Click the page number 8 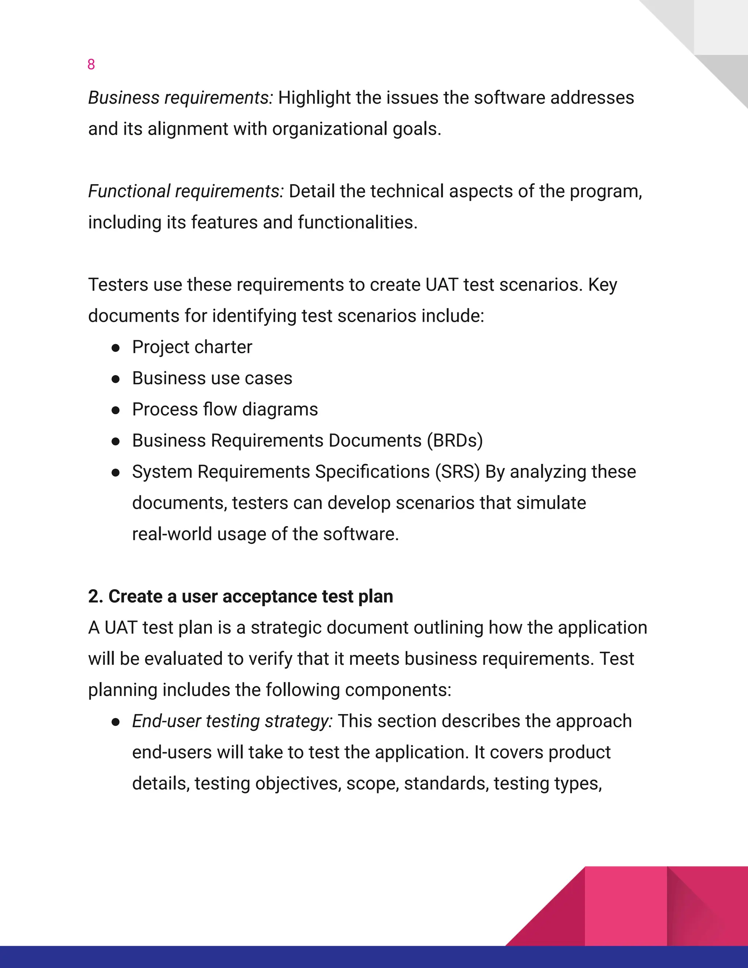(x=91, y=65)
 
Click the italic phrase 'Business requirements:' (x=180, y=98)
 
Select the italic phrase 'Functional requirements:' (x=186, y=191)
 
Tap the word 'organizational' (x=330, y=129)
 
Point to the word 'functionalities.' (x=358, y=222)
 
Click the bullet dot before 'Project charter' (x=116, y=348)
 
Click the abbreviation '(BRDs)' (x=455, y=441)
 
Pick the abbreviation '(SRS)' (x=457, y=472)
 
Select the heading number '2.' (x=95, y=597)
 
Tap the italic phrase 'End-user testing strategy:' (x=232, y=721)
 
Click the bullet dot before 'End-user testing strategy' (x=116, y=723)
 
